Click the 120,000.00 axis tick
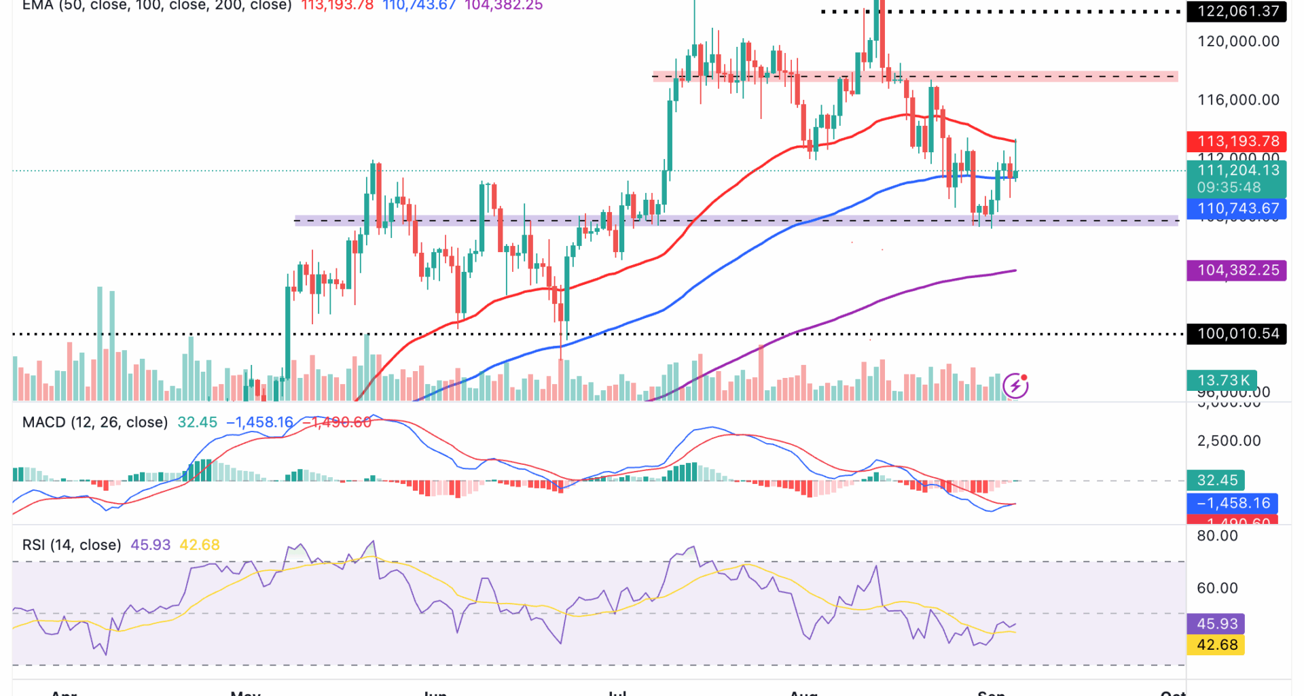pos(1238,41)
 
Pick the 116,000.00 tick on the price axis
pos(1238,100)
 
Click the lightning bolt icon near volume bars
pos(1015,386)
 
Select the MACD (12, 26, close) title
pos(94,423)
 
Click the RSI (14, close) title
pos(71,545)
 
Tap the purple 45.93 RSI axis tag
pos(1216,624)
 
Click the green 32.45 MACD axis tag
pos(1216,481)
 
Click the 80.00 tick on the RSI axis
pos(1217,536)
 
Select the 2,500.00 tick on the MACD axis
pos(1229,441)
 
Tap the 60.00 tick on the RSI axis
pos(1217,588)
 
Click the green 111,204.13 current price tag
pos(1237,171)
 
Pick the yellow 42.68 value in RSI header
pos(199,545)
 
